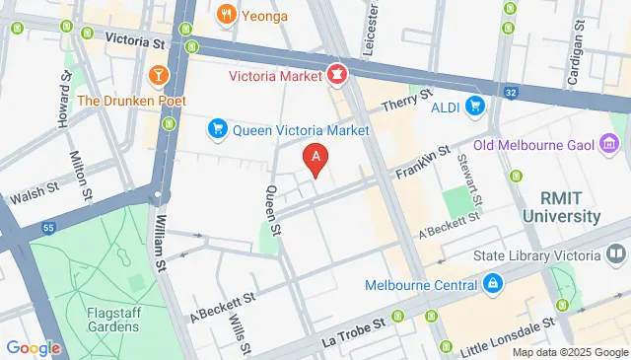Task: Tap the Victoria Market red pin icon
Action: click(337, 73)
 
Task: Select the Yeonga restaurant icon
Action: click(226, 14)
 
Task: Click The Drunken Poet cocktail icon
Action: click(158, 75)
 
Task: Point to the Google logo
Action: click(33, 347)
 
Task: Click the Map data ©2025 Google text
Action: click(569, 352)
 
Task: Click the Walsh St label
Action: click(31, 191)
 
